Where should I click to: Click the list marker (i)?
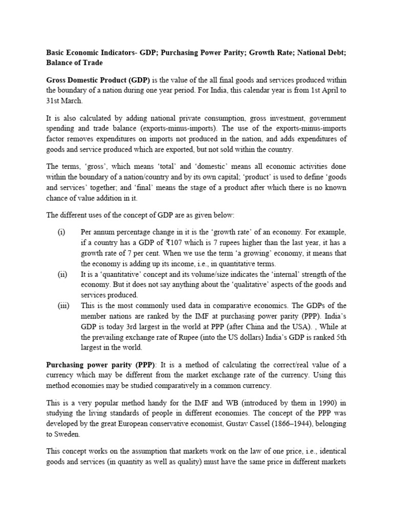point(61,232)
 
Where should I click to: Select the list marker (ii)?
point(62,274)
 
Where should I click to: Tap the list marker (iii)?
point(63,306)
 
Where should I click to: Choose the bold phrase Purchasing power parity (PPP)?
point(101,364)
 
